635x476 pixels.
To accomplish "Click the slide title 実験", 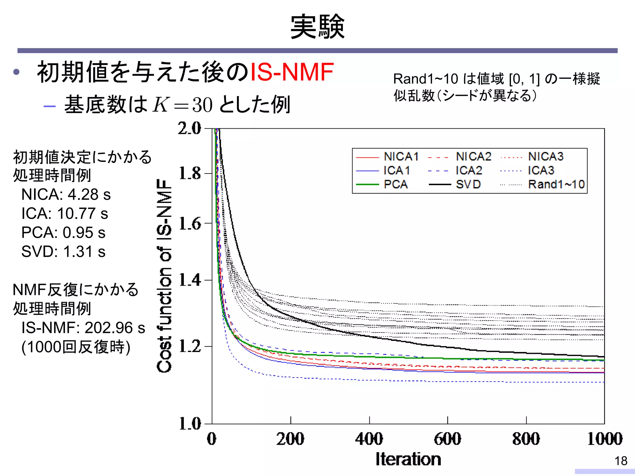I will pyautogui.click(x=317, y=27).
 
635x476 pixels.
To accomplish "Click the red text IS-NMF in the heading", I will pyautogui.click(x=292, y=72).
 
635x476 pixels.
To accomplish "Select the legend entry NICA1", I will pyautogui.click(x=401, y=156).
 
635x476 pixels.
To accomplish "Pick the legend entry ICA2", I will pyautogui.click(x=468, y=170).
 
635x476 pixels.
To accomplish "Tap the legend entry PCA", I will pyautogui.click(x=395, y=184).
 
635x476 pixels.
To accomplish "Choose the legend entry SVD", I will pyautogui.click(x=468, y=184).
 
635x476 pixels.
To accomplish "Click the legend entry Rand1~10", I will pyautogui.click(x=556, y=184).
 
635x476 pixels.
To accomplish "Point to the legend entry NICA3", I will pyautogui.click(x=546, y=156).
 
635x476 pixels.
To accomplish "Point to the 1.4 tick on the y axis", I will pyautogui.click(x=190, y=280).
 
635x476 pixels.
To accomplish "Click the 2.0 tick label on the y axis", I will pyautogui.click(x=189, y=128).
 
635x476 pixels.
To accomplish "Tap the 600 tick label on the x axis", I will pyautogui.click(x=447, y=439).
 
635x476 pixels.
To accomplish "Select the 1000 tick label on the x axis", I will pyautogui.click(x=605, y=439).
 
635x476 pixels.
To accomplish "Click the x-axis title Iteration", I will pyautogui.click(x=408, y=459).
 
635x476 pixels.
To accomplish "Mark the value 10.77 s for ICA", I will pyautogui.click(x=82, y=214).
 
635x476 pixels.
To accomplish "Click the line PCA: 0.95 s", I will pyautogui.click(x=63, y=232).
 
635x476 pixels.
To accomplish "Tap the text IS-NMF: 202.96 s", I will pyautogui.click(x=83, y=328).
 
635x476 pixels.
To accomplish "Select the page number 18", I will pyautogui.click(x=621, y=461).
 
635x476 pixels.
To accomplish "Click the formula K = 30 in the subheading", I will pyautogui.click(x=182, y=105).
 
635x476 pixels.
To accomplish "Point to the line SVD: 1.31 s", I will pyautogui.click(x=63, y=252).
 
